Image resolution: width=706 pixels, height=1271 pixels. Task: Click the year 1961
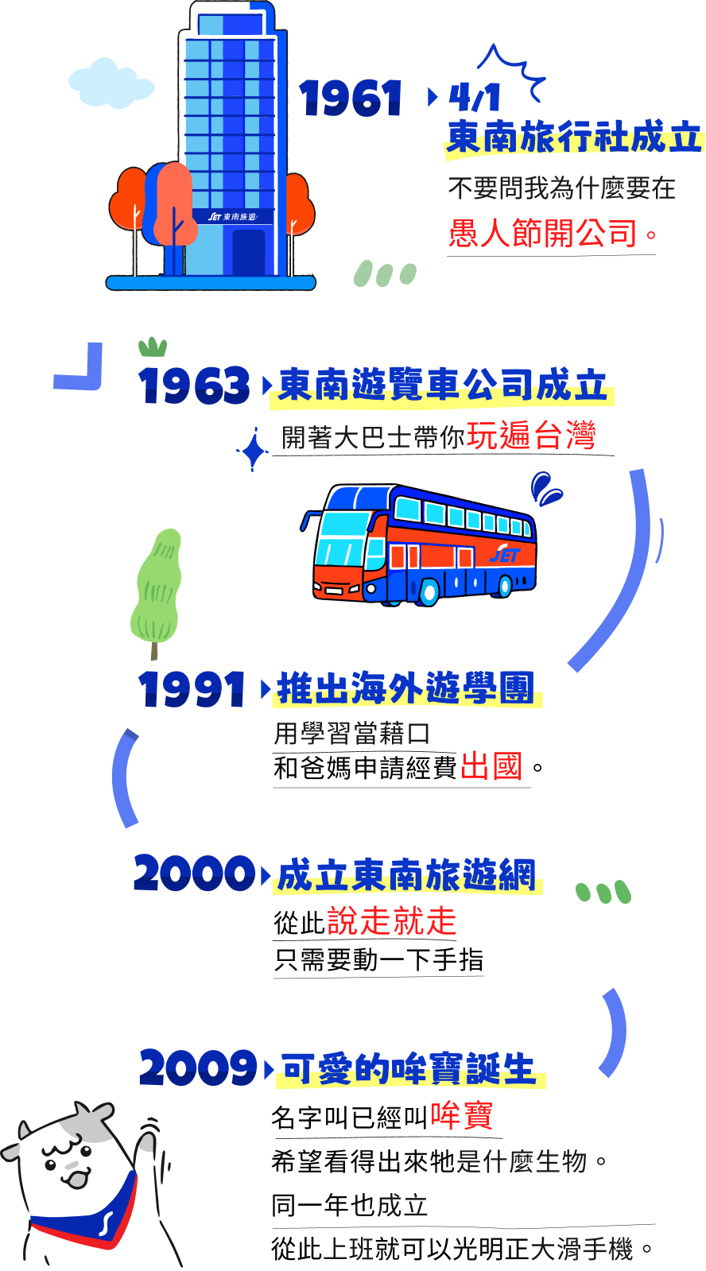click(x=351, y=99)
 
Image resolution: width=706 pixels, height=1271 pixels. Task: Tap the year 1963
click(x=195, y=386)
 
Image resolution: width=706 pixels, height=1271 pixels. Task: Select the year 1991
click(x=192, y=688)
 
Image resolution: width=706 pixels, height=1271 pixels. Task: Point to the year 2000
click(x=194, y=874)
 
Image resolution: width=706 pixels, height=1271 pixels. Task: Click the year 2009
click(x=198, y=1068)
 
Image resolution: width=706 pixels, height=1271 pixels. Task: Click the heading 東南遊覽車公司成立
click(x=442, y=386)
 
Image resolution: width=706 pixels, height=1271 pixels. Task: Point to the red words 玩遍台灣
click(x=531, y=436)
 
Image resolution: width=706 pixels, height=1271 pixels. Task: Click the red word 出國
click(x=491, y=767)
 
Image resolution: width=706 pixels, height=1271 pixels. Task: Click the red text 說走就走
click(x=392, y=921)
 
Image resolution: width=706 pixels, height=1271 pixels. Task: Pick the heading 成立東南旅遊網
click(x=406, y=875)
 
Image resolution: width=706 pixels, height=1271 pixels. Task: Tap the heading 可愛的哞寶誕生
click(x=409, y=1069)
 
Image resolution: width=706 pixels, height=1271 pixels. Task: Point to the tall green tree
click(x=157, y=588)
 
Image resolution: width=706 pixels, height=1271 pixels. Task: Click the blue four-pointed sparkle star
click(x=254, y=451)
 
